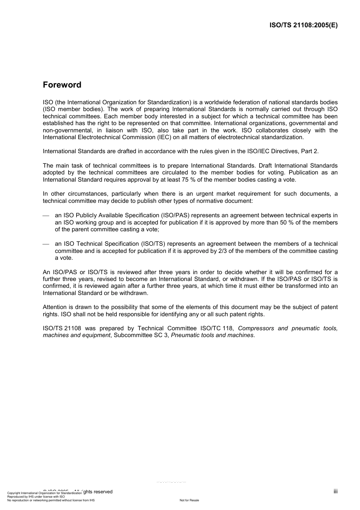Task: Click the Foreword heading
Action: click(x=62, y=85)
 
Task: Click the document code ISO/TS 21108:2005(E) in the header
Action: click(x=303, y=25)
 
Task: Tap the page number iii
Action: click(x=335, y=491)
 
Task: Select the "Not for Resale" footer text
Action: click(x=189, y=500)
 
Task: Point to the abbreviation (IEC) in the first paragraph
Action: click(x=164, y=137)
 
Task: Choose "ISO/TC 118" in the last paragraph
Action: click(x=217, y=328)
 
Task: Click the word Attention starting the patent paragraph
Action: click(x=55, y=307)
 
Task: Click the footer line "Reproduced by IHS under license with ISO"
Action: click(x=36, y=496)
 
